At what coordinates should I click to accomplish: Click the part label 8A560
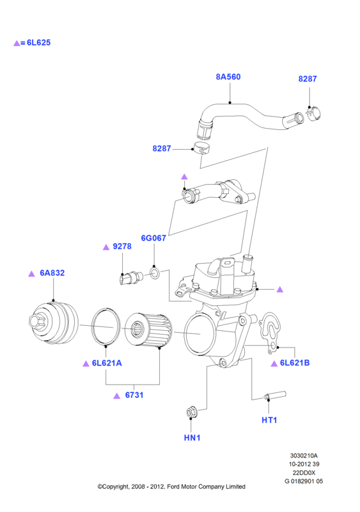point(228,77)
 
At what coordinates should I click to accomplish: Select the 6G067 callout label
point(153,238)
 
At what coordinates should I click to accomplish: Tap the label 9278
point(122,246)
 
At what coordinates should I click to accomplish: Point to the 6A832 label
point(52,273)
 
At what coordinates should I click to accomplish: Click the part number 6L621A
point(107,363)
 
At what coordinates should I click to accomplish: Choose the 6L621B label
point(295,363)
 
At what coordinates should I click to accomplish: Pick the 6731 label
point(134,395)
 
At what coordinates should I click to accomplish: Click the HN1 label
point(192,438)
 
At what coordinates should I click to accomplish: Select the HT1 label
point(269,420)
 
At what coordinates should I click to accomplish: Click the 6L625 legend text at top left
point(38,43)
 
